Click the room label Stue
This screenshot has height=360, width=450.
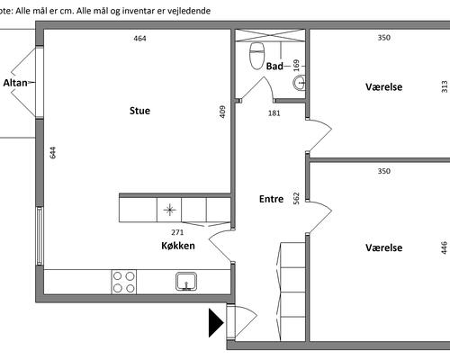139,111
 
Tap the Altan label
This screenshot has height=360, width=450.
15,83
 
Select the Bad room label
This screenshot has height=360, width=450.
274,66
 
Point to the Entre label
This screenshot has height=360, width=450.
271,199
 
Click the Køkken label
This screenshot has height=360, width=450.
178,246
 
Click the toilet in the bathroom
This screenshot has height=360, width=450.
256,56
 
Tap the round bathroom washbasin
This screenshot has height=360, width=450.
300,83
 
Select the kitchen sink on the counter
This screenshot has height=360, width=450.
186,282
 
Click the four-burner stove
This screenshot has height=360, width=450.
124,282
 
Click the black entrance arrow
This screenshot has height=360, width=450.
216,323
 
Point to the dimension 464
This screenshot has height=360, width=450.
139,39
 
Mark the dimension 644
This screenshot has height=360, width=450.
52,152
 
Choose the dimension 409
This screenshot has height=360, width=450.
222,112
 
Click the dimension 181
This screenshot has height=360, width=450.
274,113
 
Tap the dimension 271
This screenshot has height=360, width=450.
177,232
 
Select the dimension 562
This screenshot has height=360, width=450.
296,198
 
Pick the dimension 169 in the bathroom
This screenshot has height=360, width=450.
296,66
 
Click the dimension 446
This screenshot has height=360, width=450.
445,247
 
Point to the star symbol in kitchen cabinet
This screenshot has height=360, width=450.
169,210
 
